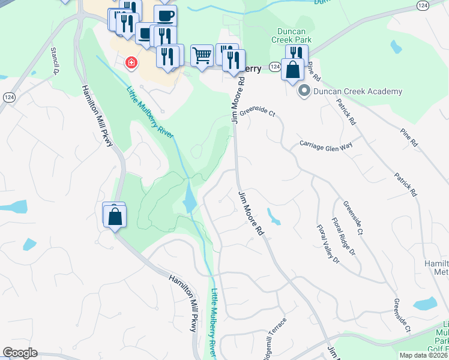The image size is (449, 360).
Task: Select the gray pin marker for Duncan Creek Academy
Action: [304, 91]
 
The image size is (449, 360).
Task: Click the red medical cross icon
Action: [130, 62]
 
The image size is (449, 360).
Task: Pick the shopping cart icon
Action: [202, 56]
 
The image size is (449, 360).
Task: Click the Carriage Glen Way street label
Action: [326, 146]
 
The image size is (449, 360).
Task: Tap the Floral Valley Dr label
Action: [328, 244]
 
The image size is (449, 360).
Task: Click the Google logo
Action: [20, 353]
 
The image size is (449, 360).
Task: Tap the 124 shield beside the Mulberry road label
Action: [274, 67]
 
